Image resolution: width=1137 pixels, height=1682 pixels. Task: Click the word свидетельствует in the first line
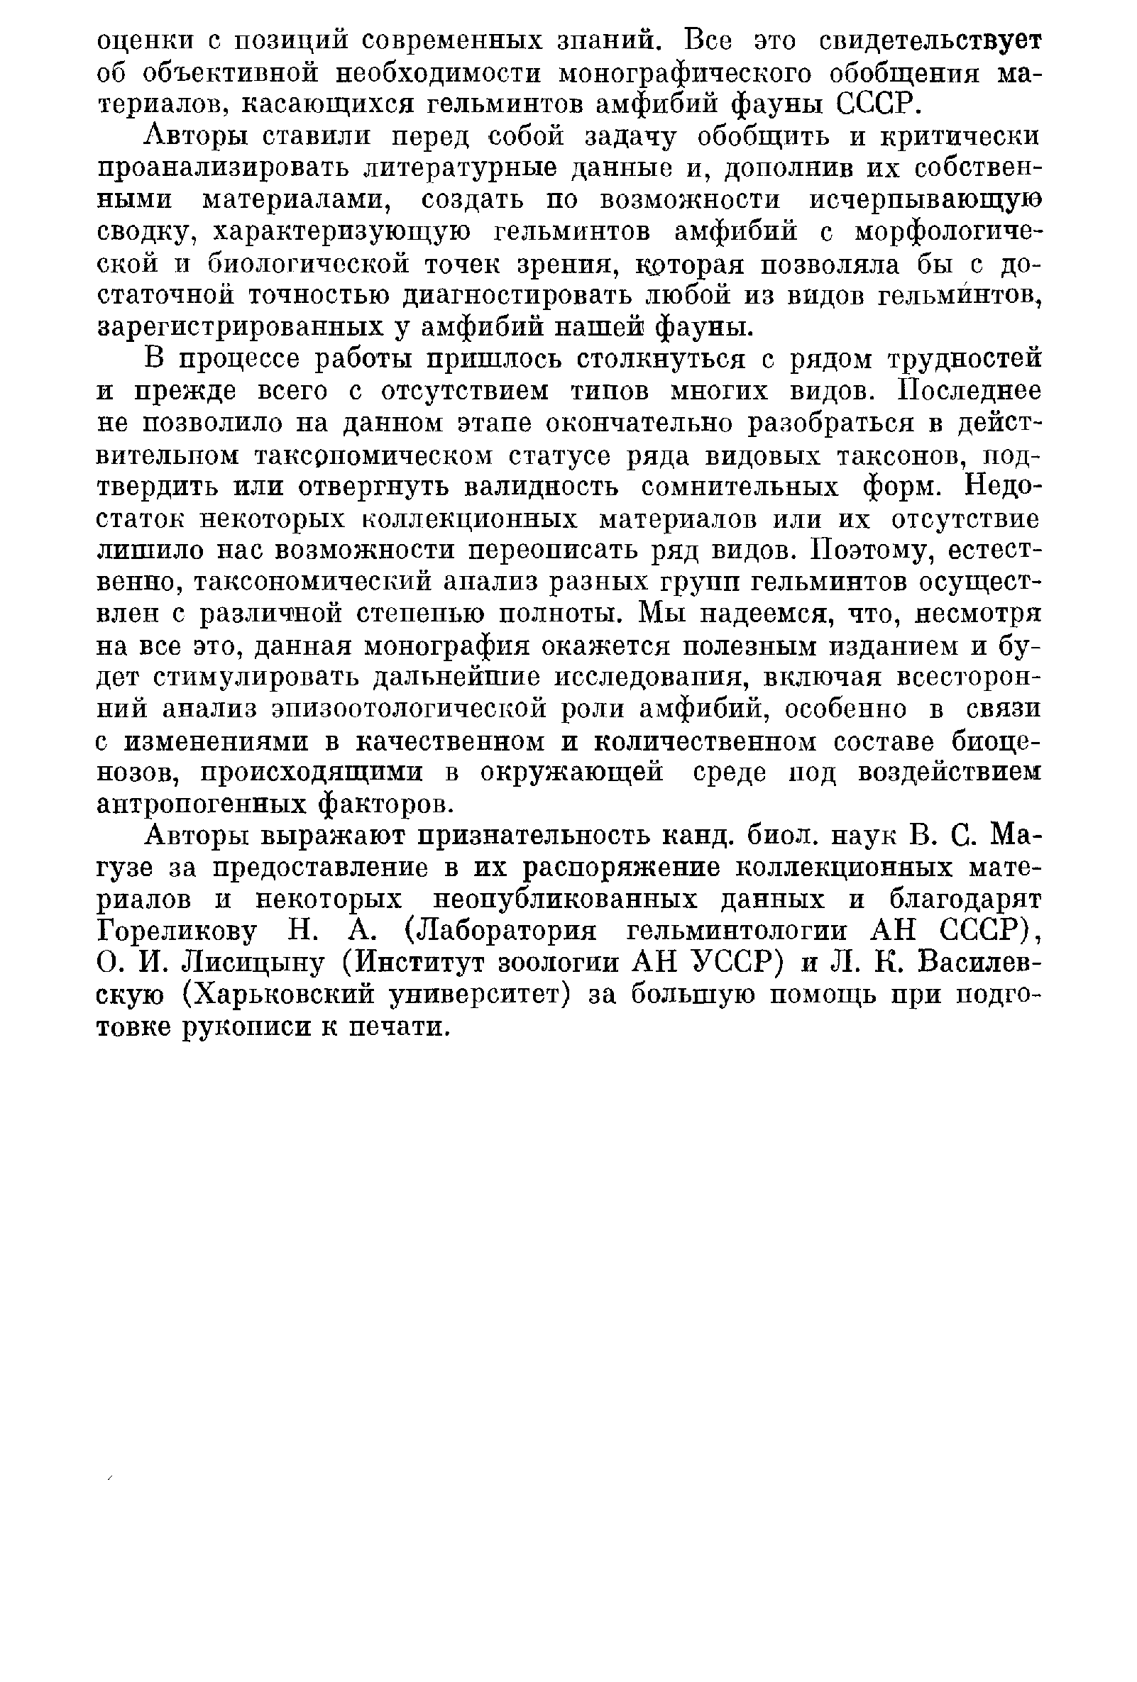coord(930,40)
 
